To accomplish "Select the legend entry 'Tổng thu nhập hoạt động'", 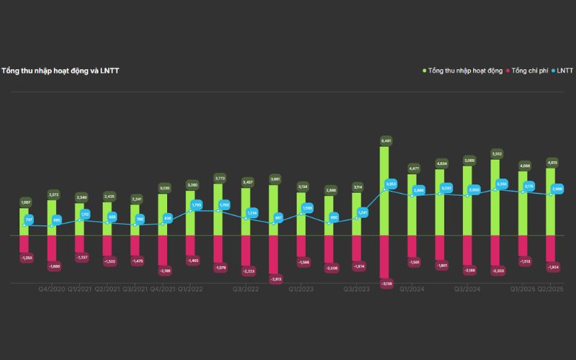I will [464, 71].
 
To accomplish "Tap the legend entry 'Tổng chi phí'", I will [530, 71].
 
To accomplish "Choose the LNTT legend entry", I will [564, 71].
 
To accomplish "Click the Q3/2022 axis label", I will [246, 289].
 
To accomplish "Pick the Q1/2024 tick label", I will [412, 289].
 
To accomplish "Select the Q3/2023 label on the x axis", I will [356, 289].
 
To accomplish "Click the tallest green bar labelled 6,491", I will [385, 191].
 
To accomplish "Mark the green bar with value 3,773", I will [218, 209].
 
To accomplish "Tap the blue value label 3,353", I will [391, 184].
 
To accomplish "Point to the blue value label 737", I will [30, 219].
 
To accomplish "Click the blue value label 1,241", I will [363, 212].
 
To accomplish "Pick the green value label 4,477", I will [413, 168].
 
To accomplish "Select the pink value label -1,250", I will [25, 257].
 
